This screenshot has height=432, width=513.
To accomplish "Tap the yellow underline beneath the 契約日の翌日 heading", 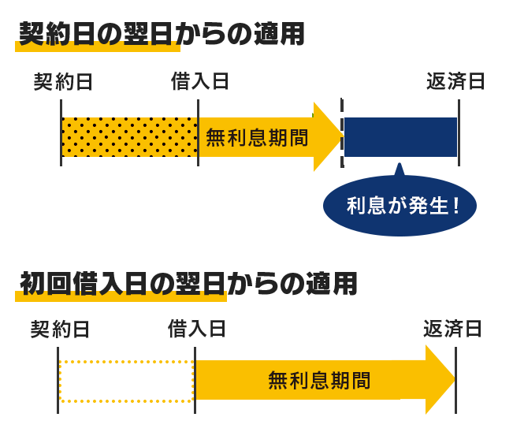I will tap(98, 49).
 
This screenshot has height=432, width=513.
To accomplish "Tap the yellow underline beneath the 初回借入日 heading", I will tap(121, 298).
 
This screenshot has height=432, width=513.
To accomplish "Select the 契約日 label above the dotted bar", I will tap(63, 82).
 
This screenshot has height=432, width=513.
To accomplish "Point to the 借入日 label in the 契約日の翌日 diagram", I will tap(200, 82).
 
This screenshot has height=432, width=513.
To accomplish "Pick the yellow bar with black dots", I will tap(129, 137).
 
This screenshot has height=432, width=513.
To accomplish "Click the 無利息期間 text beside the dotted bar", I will tap(257, 138).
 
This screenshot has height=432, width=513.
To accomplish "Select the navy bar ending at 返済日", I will tap(400, 137).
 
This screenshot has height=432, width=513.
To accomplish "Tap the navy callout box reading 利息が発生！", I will tap(399, 206).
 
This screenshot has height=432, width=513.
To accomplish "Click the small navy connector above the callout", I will tap(399, 166).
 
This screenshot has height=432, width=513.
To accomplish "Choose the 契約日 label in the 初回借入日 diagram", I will tap(60, 330).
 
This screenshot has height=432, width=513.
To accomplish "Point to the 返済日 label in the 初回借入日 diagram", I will tap(452, 330).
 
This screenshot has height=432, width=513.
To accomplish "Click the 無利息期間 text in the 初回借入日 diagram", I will tap(319, 381).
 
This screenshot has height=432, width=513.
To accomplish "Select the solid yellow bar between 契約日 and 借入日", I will tap(126, 382).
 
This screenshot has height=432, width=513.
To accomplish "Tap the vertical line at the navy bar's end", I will tap(459, 132).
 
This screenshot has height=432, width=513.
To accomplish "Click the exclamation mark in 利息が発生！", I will tap(456, 207).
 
